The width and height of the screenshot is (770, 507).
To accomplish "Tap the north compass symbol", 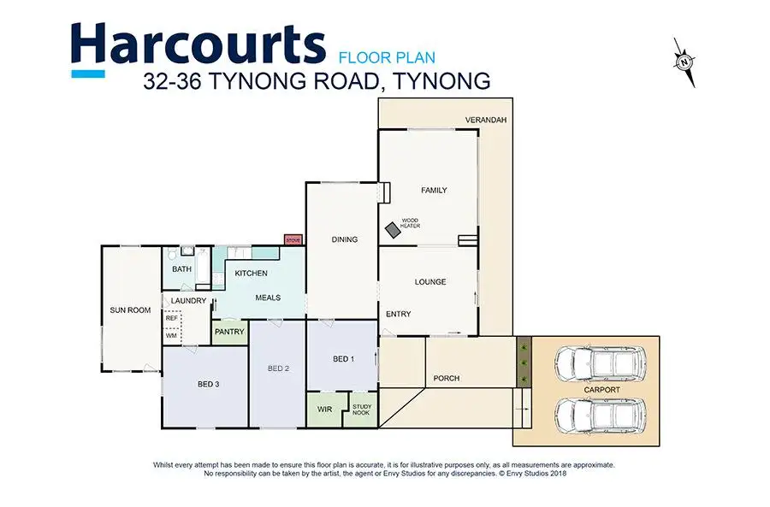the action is [x=684, y=62].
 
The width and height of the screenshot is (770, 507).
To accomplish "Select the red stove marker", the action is [x=293, y=240].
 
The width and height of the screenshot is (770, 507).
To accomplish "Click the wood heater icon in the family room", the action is [x=393, y=230].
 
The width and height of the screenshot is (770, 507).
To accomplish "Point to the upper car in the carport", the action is [x=600, y=364].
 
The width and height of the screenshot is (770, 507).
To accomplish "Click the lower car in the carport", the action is [x=600, y=416].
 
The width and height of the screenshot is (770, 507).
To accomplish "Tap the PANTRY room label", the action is [x=229, y=332].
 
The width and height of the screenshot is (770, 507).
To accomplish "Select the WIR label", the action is [x=324, y=410].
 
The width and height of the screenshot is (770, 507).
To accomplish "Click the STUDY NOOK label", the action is [x=362, y=410].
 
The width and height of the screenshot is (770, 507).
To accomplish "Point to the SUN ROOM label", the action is [x=130, y=310].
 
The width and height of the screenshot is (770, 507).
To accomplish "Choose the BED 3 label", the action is [x=208, y=384].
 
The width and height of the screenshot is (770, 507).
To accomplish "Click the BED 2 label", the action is [x=278, y=368].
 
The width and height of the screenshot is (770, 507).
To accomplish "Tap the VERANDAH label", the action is [x=486, y=120].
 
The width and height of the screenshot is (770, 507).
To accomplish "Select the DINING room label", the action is [x=344, y=239].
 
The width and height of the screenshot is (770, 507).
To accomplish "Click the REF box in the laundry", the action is [x=172, y=318].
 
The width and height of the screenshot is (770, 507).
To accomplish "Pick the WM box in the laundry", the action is [x=172, y=335].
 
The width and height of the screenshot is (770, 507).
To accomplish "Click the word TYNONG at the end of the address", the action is [x=442, y=81].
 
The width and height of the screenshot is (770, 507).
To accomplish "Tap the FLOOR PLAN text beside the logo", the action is [x=387, y=58].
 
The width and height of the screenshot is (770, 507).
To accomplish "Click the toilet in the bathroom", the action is [x=172, y=254].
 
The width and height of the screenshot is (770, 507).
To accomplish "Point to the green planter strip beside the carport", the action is [x=524, y=363].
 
